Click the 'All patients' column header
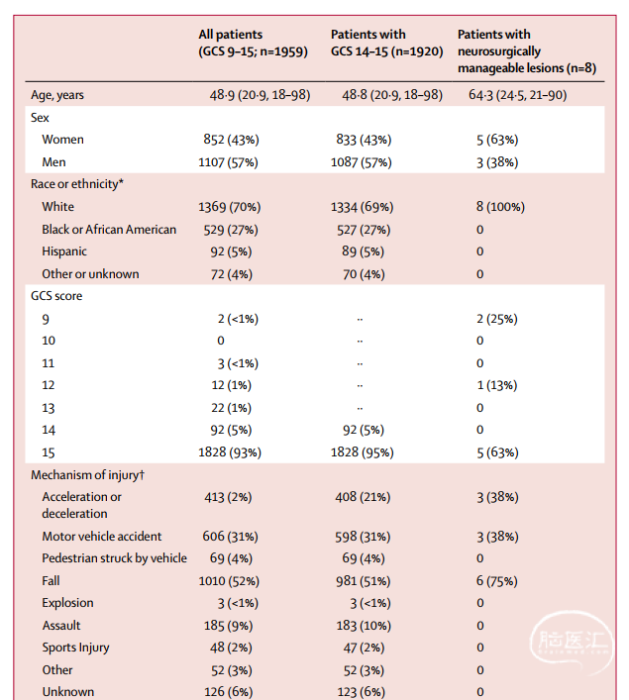(253, 43)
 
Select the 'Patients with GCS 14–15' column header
(387, 43)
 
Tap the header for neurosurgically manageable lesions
(527, 50)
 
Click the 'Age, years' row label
(57, 95)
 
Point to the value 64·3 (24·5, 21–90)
(517, 95)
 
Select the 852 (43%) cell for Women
(231, 140)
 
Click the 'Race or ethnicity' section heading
(77, 184)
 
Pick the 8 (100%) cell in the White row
(500, 207)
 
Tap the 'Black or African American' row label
(109, 230)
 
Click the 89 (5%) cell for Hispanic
(363, 251)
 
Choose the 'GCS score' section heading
(56, 296)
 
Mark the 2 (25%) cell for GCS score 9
(497, 319)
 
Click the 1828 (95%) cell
(362, 452)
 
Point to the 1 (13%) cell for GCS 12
(497, 385)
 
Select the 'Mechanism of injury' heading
(87, 475)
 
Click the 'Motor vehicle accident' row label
(102, 537)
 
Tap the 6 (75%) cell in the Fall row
(497, 581)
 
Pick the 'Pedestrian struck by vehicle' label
(114, 558)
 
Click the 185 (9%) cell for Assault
(228, 626)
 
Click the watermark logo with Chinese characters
(572, 643)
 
